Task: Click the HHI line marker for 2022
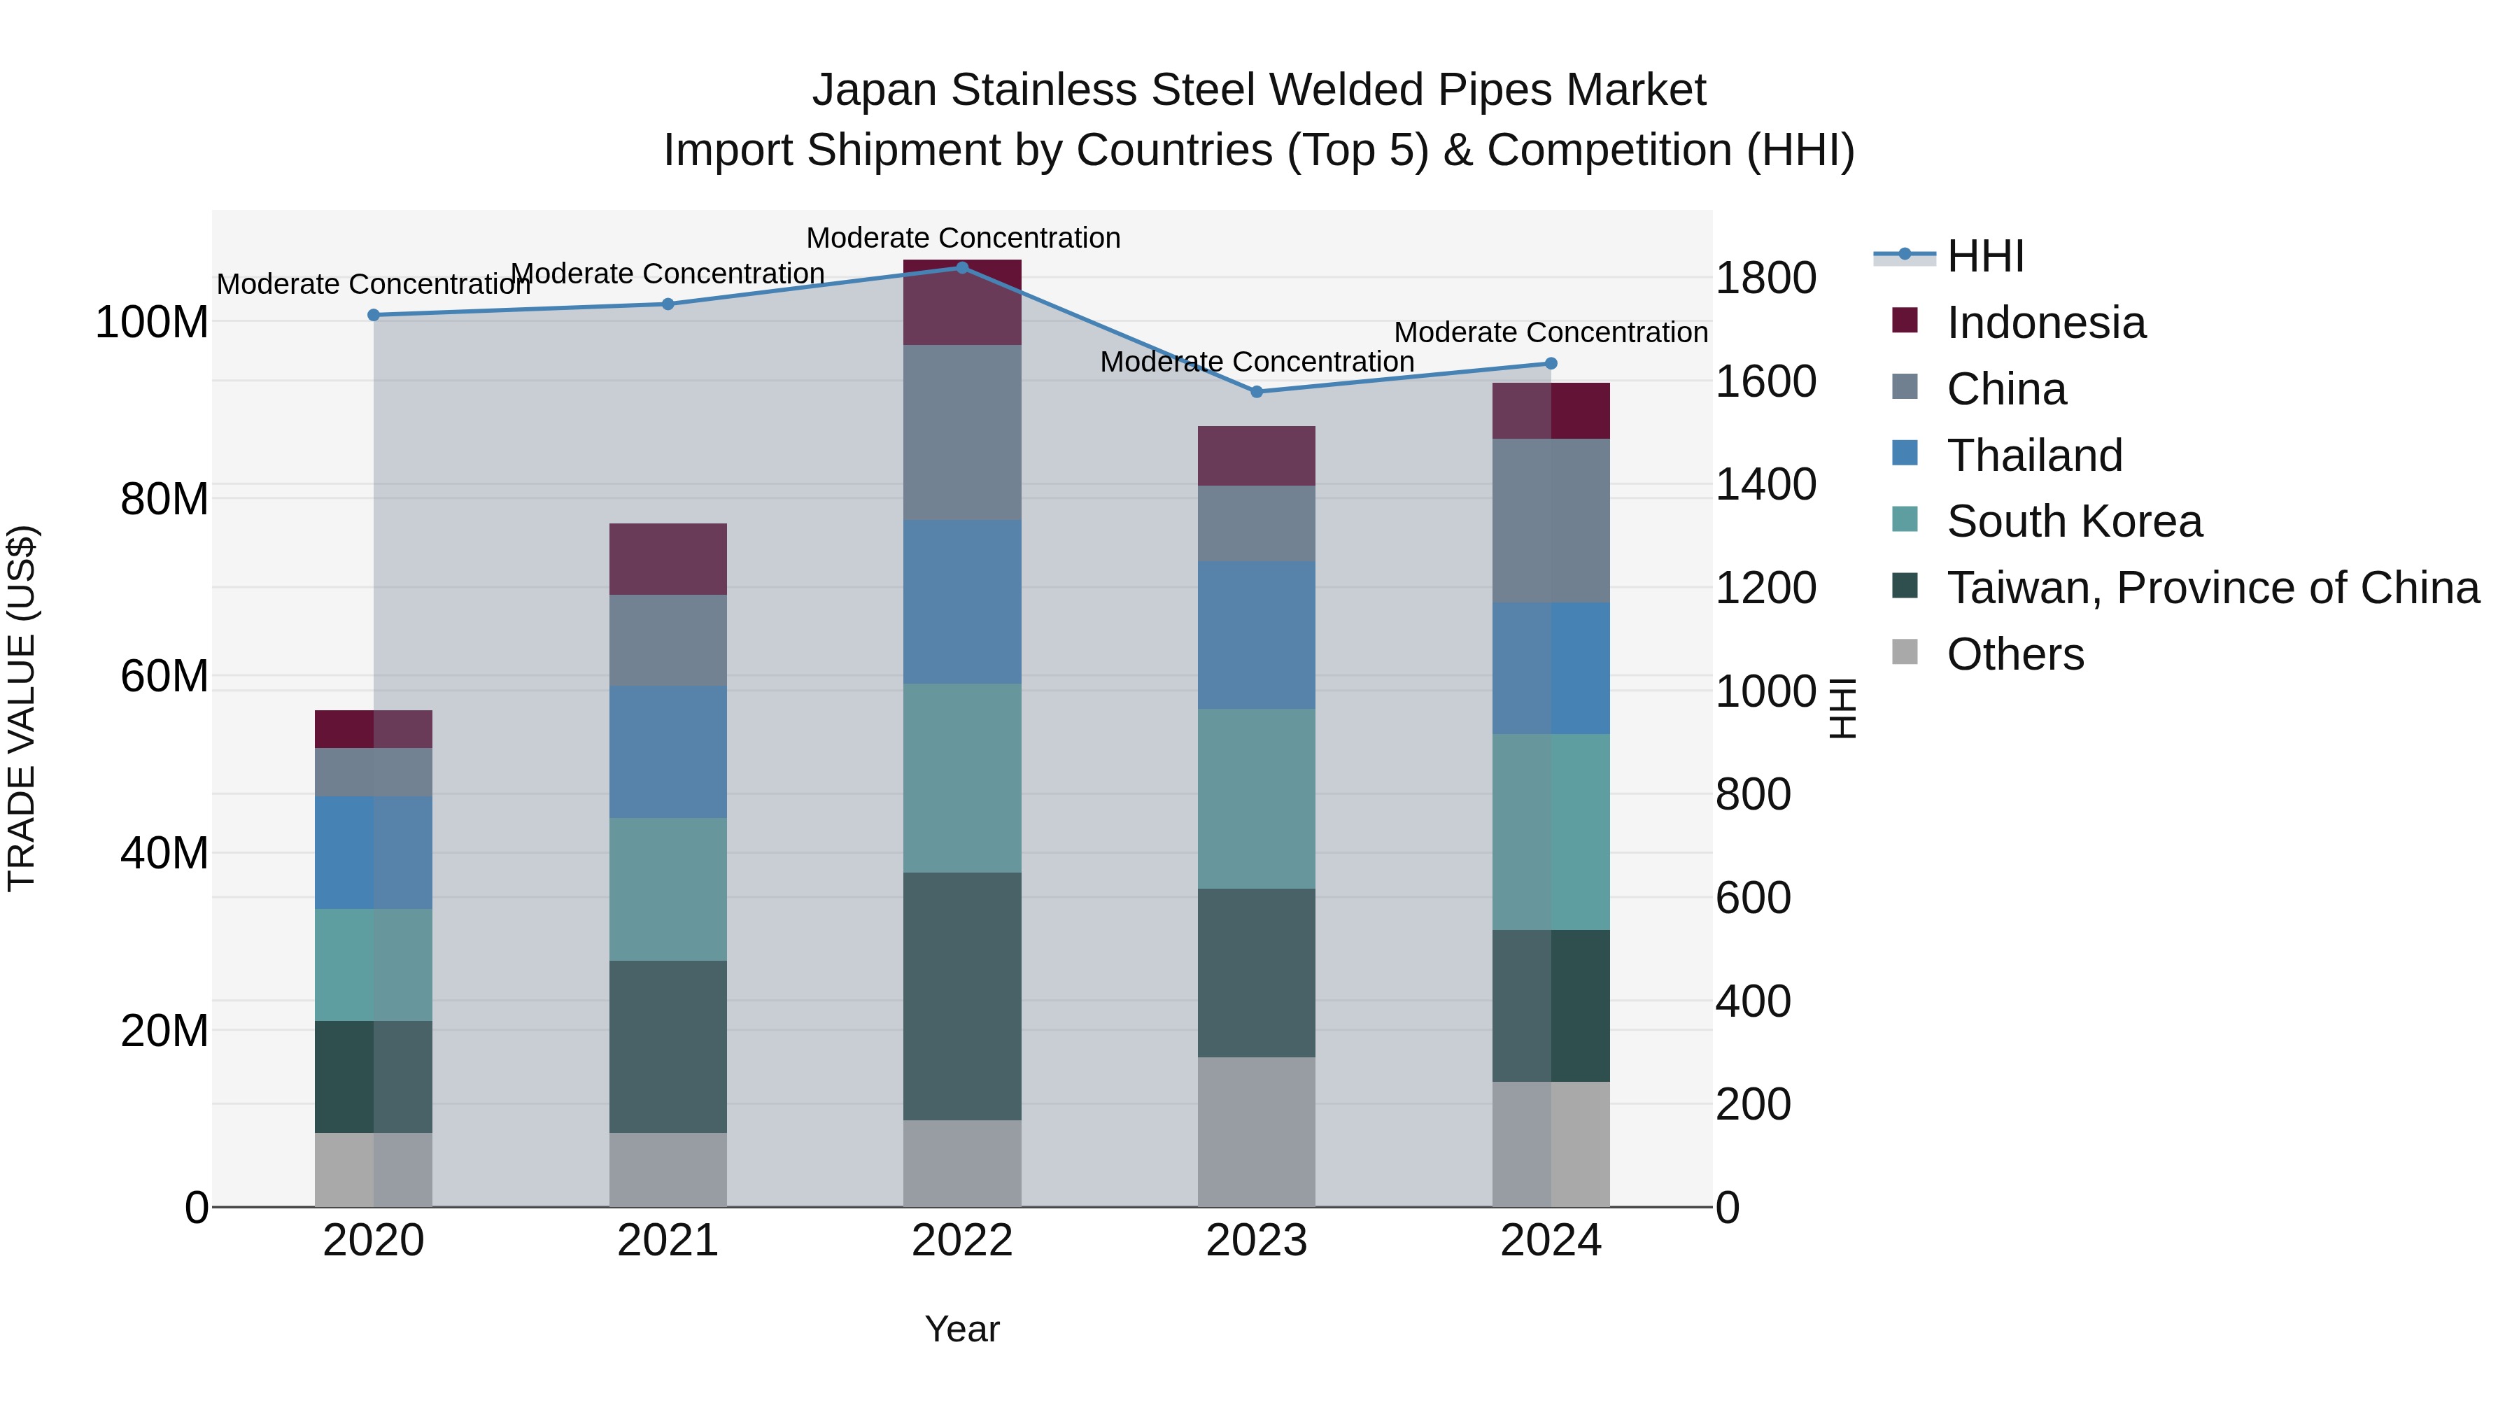pyautogui.click(x=962, y=268)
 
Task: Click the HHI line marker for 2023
pyautogui.click(x=1257, y=392)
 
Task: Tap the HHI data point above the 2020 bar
pyautogui.click(x=374, y=315)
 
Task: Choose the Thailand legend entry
pyautogui.click(x=2034, y=456)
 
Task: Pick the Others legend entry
pyautogui.click(x=2015, y=654)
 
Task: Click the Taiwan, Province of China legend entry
pyautogui.click(x=2212, y=588)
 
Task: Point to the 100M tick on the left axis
pyautogui.click(x=152, y=323)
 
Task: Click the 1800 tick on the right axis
pyautogui.click(x=1765, y=279)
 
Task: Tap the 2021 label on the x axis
pyautogui.click(x=668, y=1241)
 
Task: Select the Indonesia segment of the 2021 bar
pyautogui.click(x=668, y=559)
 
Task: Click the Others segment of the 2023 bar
pyautogui.click(x=1257, y=1132)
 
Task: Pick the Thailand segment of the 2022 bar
pyautogui.click(x=962, y=601)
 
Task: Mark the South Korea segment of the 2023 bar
pyautogui.click(x=1257, y=799)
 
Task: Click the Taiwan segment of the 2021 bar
pyautogui.click(x=668, y=1046)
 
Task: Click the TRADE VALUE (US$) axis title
pyautogui.click(x=22, y=708)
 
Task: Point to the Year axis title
pyautogui.click(x=962, y=1329)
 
